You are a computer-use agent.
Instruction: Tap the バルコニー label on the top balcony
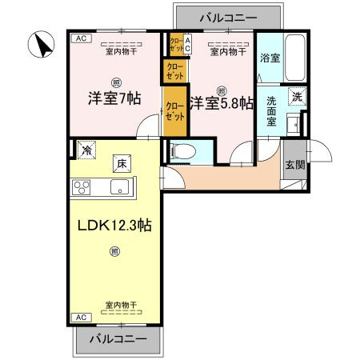(x=228, y=16)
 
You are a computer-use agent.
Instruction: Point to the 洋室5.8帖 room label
(x=221, y=103)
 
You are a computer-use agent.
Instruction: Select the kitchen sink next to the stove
(x=120, y=189)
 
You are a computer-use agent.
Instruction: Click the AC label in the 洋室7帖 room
(x=80, y=38)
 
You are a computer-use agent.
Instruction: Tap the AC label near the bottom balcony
(x=80, y=318)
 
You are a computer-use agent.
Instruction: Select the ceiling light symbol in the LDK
(x=114, y=253)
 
